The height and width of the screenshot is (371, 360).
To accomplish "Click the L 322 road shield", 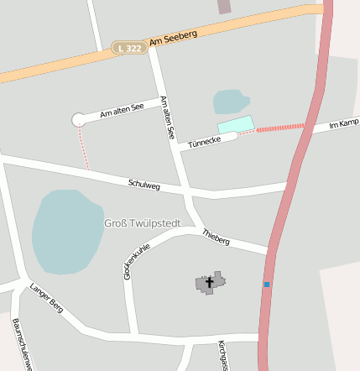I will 130,49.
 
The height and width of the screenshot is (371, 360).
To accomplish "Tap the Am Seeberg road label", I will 173,38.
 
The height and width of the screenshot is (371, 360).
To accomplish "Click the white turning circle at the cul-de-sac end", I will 79,120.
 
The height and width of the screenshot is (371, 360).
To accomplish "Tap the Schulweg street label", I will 144,184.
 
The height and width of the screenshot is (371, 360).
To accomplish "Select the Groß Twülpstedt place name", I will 139,223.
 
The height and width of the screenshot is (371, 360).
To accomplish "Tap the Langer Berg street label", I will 47,297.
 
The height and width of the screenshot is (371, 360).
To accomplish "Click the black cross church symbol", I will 209,283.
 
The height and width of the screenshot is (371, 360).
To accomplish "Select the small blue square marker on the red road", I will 267,285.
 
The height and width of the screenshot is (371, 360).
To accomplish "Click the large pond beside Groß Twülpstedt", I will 66,231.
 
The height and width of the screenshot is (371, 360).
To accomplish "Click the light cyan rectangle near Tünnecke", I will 236,124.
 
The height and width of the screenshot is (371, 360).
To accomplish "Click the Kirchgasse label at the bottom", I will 222,355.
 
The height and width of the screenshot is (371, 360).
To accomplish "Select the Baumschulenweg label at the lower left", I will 21,344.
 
